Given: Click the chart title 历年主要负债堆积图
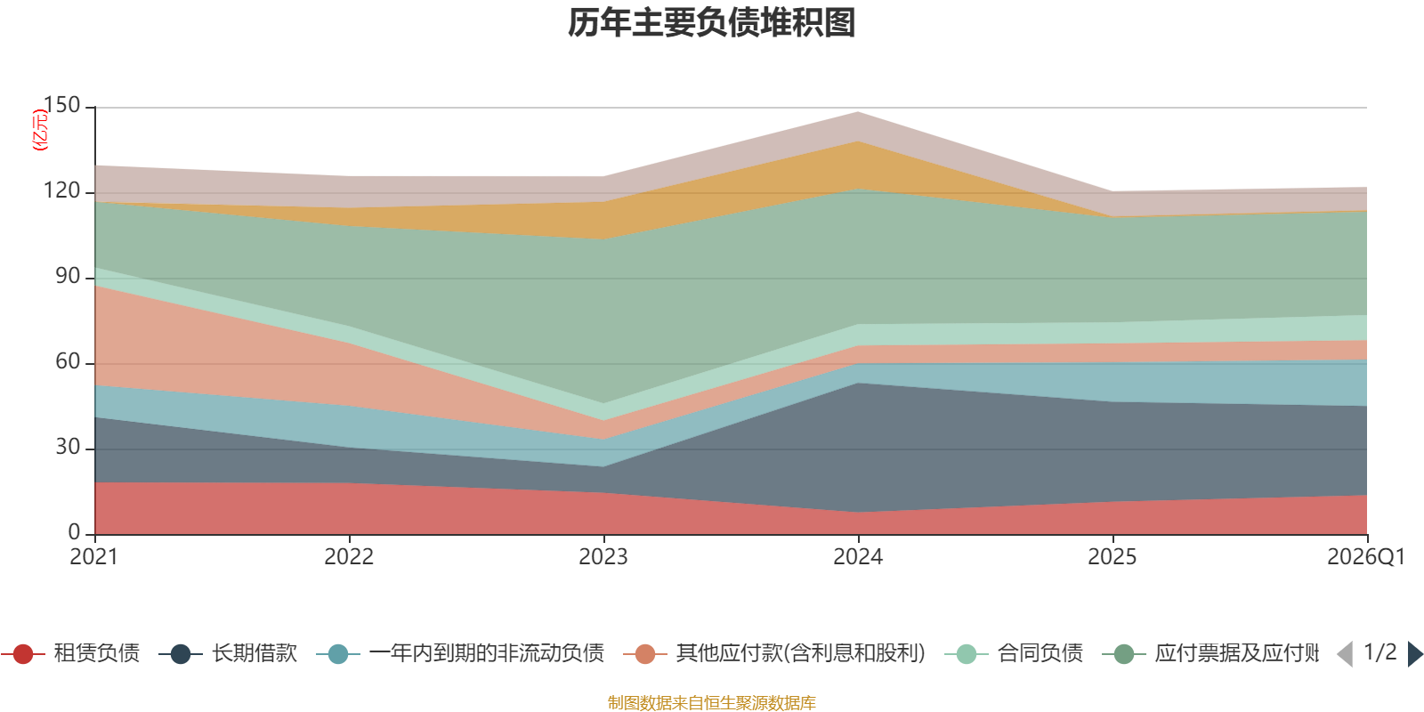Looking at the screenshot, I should click(x=712, y=23).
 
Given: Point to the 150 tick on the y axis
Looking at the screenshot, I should click(x=61, y=106).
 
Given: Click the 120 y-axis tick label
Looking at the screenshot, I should click(x=61, y=191).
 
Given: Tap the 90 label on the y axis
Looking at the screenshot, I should click(x=68, y=277).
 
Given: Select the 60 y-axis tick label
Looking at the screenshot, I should click(x=68, y=362).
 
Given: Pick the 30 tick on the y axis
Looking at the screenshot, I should click(x=68, y=448).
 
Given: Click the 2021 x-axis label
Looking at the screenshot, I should click(x=93, y=557).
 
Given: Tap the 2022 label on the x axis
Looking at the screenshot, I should click(x=349, y=557).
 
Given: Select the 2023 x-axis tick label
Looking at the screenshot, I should click(x=603, y=557).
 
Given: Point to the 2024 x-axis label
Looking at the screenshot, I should click(x=858, y=557).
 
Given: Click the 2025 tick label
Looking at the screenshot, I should click(x=1112, y=557).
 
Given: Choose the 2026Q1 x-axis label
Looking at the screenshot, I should click(x=1365, y=557).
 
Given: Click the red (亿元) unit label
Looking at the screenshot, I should click(x=40, y=130).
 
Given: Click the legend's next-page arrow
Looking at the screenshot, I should click(x=1415, y=654).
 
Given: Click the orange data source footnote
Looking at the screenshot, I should click(x=711, y=703).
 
